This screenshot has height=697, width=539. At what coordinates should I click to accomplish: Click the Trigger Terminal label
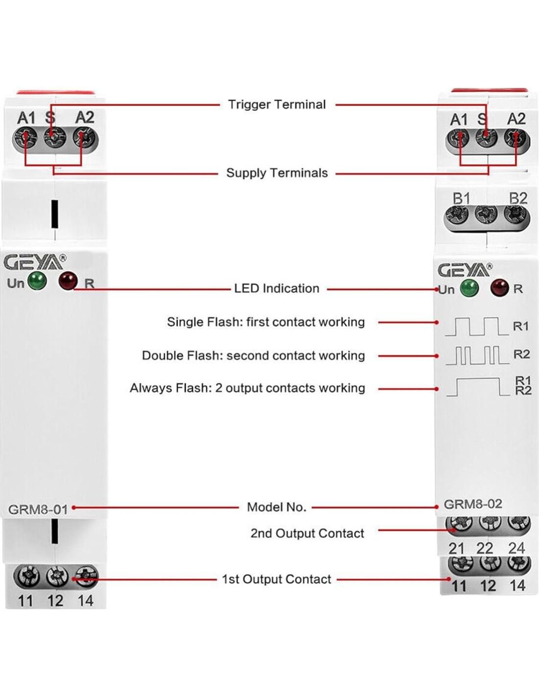coord(277,104)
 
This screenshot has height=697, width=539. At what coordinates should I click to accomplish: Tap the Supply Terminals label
coord(277,173)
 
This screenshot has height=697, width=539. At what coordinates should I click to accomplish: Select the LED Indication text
coord(276,288)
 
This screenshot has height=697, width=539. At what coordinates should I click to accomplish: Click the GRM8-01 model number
coord(38,510)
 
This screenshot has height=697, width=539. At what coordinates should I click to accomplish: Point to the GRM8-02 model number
coord(473,504)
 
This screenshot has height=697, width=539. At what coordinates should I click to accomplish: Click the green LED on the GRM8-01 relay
coord(37,281)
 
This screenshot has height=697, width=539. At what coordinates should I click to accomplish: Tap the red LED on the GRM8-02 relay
coord(499,287)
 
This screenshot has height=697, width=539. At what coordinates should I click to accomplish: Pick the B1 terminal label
coord(462,199)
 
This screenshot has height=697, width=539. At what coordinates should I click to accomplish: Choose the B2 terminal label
coord(518,199)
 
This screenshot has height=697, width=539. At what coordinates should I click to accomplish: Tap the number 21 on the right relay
coord(457,548)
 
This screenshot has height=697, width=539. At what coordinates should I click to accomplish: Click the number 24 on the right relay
coord(516,548)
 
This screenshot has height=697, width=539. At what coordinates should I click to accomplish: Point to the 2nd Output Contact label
coord(307,533)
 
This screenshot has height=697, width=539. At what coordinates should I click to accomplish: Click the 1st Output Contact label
coord(276,579)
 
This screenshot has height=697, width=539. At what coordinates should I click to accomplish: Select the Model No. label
coord(276,507)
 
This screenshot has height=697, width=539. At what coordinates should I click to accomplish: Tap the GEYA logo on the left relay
coord(34,263)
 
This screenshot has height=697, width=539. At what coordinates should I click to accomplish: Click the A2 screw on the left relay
coord(85,138)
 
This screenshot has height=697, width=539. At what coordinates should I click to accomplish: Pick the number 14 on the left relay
coord(85,600)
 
